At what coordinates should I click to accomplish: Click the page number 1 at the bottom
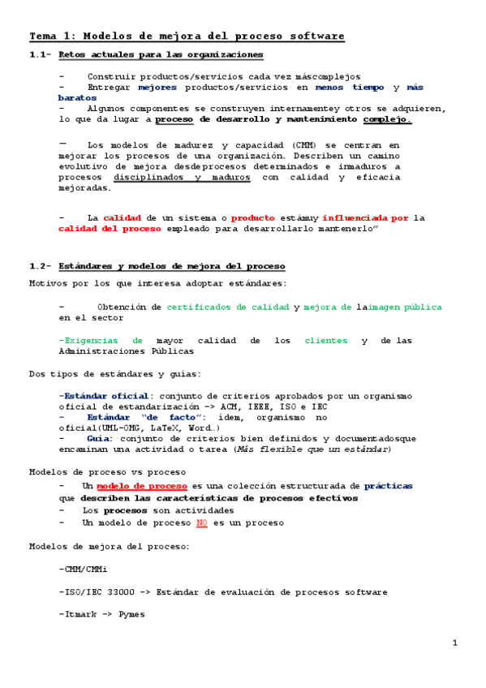[x=455, y=643]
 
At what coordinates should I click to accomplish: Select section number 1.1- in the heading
[x=40, y=54]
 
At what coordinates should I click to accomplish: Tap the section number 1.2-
[x=40, y=266]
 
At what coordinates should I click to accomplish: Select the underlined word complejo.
[x=387, y=118]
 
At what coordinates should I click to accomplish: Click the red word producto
[x=253, y=218]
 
